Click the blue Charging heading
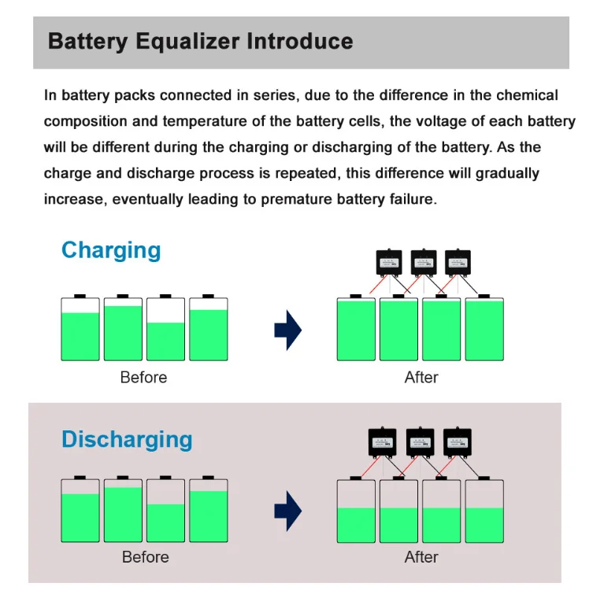pos(111,250)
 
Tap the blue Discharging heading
pos(127,439)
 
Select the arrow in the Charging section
pos(287,330)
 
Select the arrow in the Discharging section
pos(287,512)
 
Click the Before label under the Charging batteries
pos(143,378)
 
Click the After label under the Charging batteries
pos(421,378)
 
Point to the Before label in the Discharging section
pos(145,557)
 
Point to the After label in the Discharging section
pos(421,557)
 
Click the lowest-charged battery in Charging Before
pos(165,330)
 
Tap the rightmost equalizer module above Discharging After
pos(456,442)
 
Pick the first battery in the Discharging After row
pos(356,511)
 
